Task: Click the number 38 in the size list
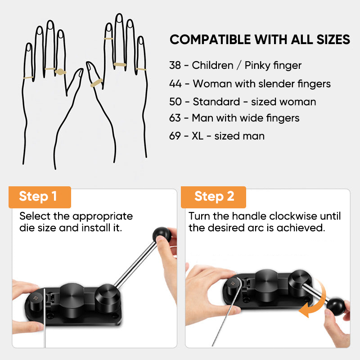click(x=175, y=65)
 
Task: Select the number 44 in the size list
click(x=175, y=84)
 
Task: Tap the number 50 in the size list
click(x=175, y=102)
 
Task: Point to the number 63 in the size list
click(x=175, y=118)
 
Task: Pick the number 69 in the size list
click(x=175, y=136)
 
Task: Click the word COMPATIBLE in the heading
click(x=210, y=40)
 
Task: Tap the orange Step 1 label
click(x=40, y=197)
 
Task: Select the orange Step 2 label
click(x=213, y=197)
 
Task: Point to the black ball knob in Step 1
click(x=162, y=235)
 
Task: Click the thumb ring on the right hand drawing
click(x=96, y=83)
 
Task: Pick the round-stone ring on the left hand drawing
click(x=60, y=72)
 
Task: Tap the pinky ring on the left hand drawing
click(x=28, y=77)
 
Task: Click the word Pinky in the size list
click(x=257, y=66)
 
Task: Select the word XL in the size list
click(x=198, y=136)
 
